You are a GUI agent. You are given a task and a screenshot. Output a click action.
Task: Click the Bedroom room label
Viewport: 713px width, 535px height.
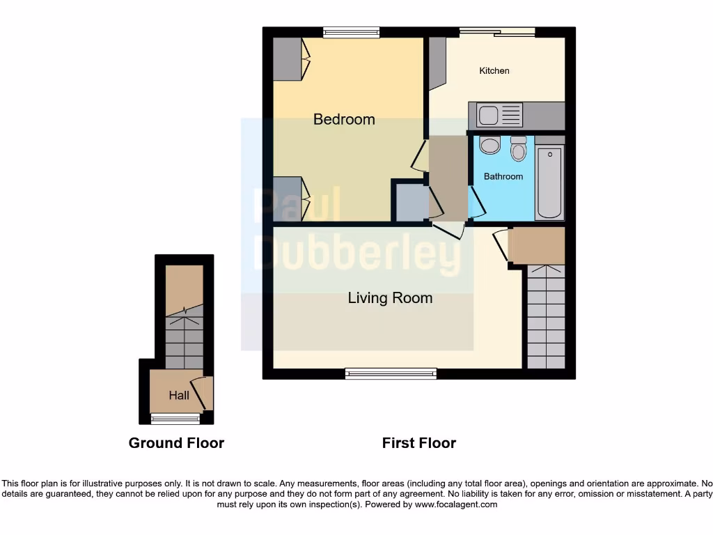pos(344,119)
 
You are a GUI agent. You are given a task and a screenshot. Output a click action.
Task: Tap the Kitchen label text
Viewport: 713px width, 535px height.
pos(494,70)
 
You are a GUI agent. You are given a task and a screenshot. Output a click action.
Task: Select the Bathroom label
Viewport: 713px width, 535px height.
pos(503,176)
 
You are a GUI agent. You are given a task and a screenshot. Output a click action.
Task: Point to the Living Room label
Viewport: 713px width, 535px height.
pos(390,298)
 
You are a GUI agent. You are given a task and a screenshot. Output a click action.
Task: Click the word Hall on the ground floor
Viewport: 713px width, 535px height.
pos(179,395)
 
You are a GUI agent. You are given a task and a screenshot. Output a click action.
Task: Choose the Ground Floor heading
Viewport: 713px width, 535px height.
pos(176,443)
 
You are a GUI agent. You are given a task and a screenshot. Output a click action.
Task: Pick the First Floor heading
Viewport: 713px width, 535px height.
pos(418,443)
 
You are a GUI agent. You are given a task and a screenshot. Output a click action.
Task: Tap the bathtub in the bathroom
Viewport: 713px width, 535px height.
pos(550,183)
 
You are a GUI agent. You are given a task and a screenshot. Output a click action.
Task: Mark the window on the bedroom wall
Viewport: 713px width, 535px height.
pos(352,31)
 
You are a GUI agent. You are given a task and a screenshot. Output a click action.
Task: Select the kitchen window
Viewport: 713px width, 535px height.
pos(496,31)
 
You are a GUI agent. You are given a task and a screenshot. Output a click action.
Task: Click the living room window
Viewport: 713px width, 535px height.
pos(391,374)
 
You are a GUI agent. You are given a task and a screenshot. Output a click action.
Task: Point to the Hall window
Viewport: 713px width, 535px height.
pos(175,419)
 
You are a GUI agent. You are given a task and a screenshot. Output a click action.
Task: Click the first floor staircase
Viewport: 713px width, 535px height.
pos(546,317)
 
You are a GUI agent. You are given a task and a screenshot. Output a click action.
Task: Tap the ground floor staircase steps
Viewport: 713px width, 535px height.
pos(185,341)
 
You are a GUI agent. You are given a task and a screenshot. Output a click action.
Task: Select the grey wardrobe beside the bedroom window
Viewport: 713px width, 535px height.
pos(287,59)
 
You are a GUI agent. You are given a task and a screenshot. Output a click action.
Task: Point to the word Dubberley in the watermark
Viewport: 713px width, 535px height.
pos(356,251)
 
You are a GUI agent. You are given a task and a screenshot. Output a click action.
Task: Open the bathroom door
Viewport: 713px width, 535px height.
pos(477,204)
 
